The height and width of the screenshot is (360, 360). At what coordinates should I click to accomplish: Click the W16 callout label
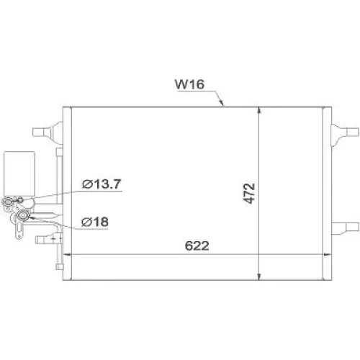[191, 84]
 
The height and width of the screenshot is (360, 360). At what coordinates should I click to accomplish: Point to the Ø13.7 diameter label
[100, 184]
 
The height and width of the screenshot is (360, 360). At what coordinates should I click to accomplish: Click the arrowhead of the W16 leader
[224, 105]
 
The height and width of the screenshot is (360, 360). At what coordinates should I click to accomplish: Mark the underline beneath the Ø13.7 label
[101, 192]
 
